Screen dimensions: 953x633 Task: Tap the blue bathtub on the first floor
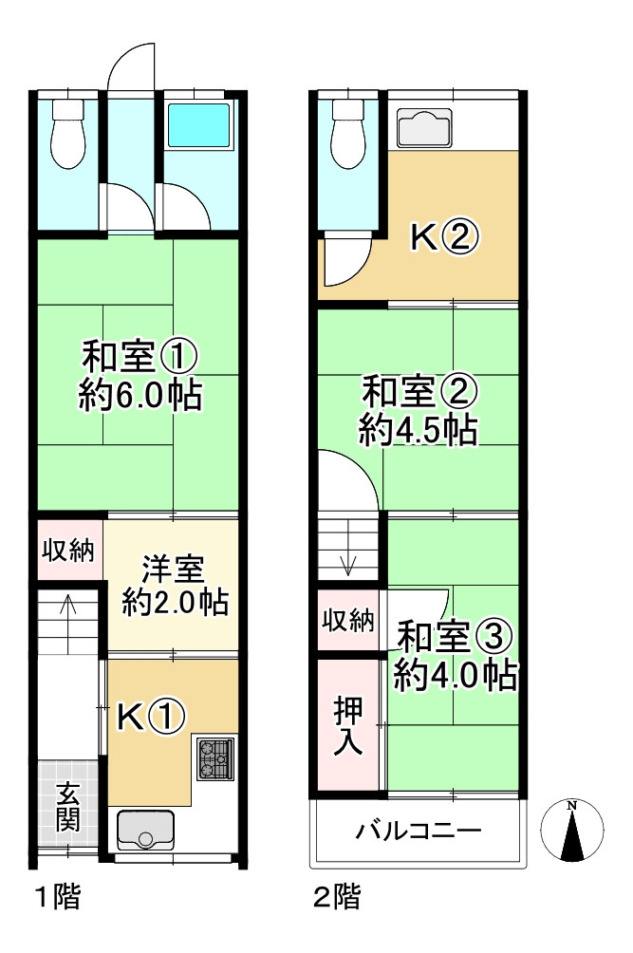(x=198, y=127)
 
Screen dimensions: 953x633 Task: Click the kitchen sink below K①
(x=145, y=829)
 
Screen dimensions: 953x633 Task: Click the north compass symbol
(x=572, y=830)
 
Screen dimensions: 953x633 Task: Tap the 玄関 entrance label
(x=67, y=806)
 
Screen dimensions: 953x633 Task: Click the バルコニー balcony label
(x=419, y=832)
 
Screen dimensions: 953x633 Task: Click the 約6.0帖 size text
(x=140, y=397)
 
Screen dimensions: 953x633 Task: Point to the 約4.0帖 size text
(x=456, y=675)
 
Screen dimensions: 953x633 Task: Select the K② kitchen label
(x=442, y=237)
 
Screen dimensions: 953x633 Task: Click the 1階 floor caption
(x=57, y=897)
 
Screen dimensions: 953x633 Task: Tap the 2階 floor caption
(x=336, y=897)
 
